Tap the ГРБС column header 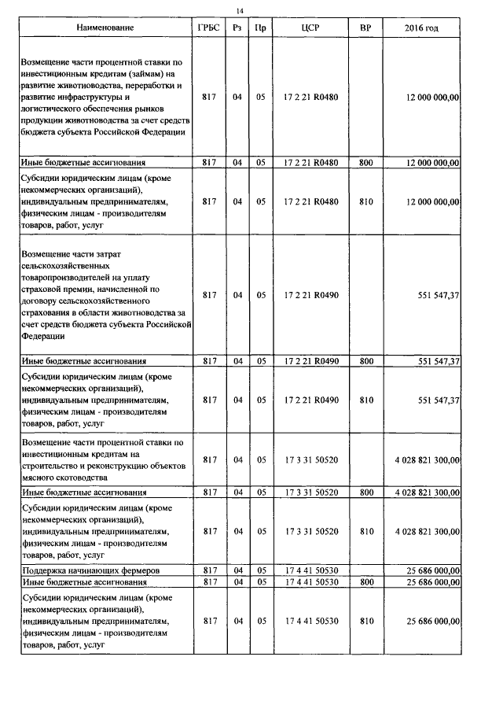point(209,28)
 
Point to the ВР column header point(365,28)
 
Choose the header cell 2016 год point(421,28)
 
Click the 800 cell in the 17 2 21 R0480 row point(365,163)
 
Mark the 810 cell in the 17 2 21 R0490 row point(365,400)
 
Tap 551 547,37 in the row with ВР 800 point(433,361)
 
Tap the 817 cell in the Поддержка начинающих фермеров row point(209,569)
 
